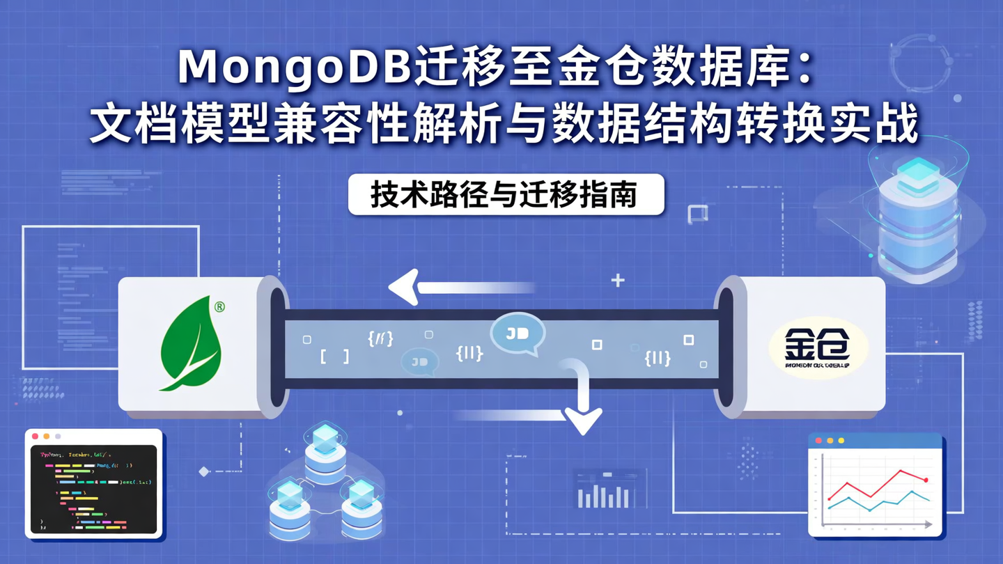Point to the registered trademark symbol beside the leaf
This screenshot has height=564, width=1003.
tap(219, 306)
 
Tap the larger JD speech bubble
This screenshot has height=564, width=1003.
tap(518, 334)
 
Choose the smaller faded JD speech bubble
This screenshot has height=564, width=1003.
tap(419, 361)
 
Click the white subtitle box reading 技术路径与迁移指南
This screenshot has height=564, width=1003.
tap(506, 194)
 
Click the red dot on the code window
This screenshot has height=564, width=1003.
tap(35, 437)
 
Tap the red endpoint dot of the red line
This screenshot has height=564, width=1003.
tap(926, 480)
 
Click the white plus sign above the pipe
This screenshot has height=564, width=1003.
tap(618, 281)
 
